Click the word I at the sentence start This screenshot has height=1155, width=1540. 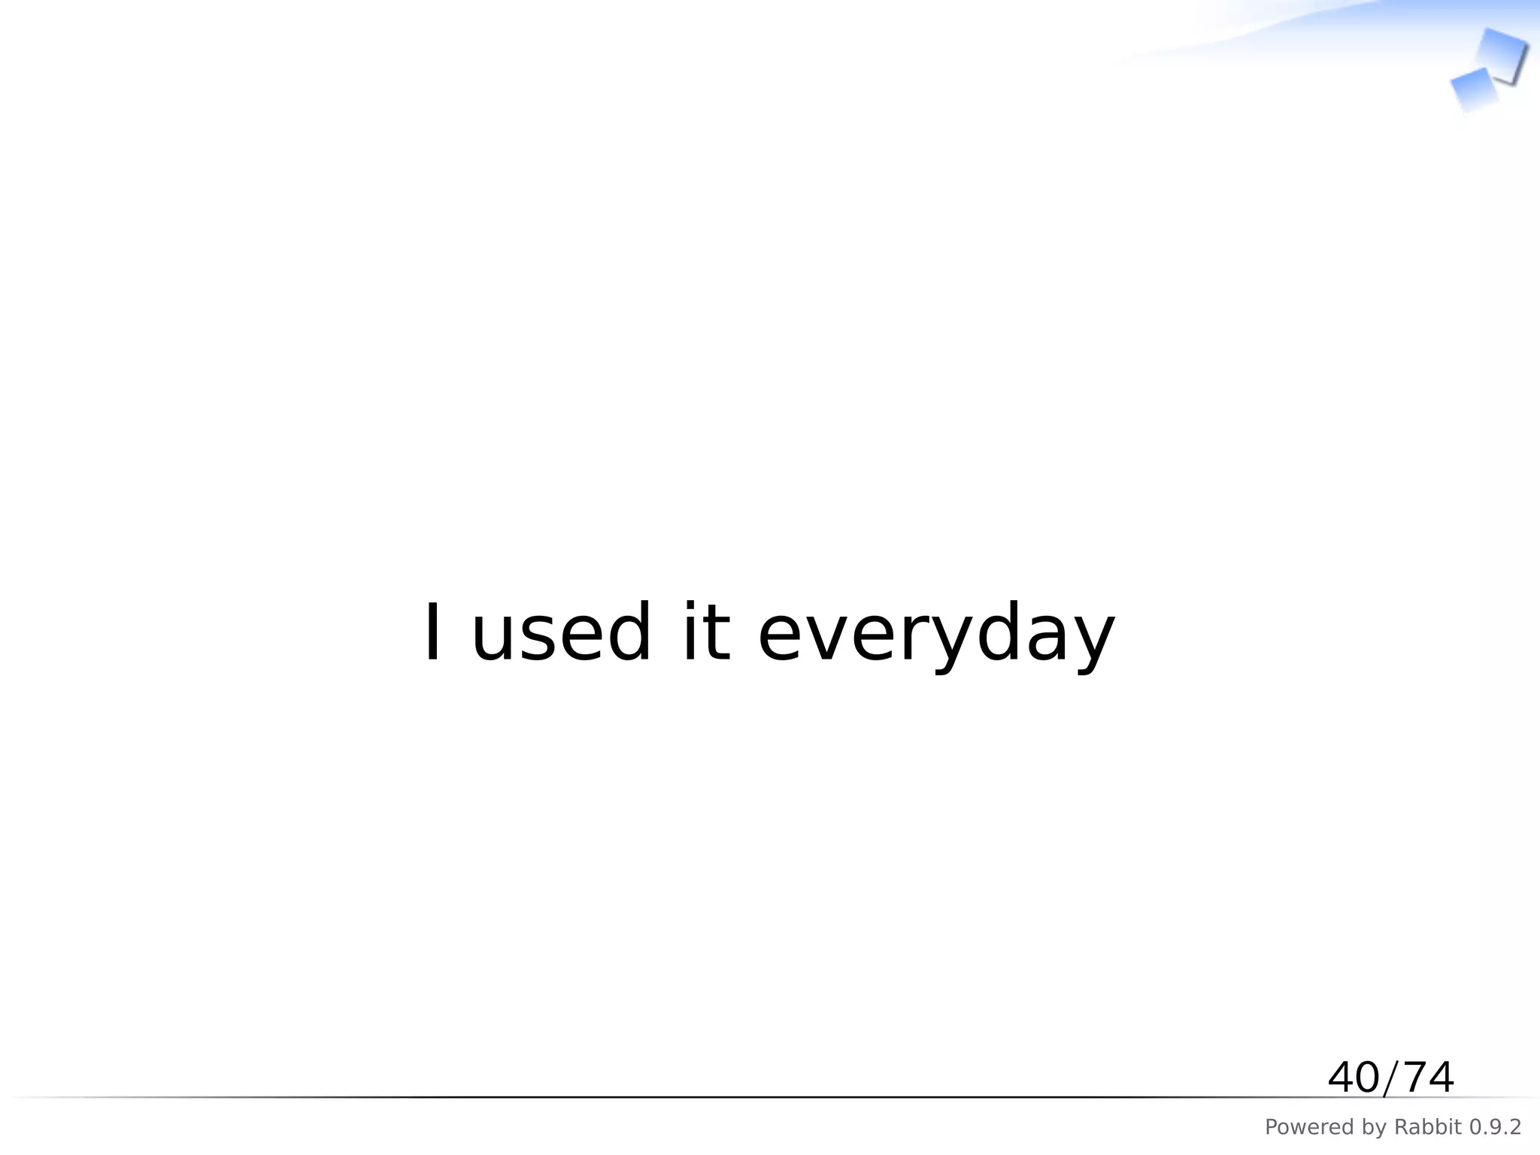(x=432, y=633)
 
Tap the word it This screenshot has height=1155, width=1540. (x=705, y=633)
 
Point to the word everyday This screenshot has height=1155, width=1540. (x=935, y=635)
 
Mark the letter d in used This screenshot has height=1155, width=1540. (x=623, y=633)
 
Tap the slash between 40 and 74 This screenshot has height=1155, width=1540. (x=1390, y=1078)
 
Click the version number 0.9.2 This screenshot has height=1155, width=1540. (x=1495, y=1127)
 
